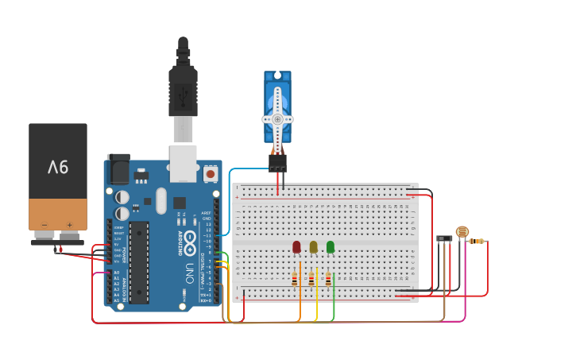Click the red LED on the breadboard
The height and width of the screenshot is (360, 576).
[x=296, y=247]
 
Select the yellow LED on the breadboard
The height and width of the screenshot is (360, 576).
[x=313, y=247]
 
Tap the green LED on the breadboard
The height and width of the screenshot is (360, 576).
[x=331, y=247]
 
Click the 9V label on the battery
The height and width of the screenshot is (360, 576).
[x=58, y=167]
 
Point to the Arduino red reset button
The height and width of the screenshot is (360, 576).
[x=211, y=172]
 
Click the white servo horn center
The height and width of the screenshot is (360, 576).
[x=277, y=119]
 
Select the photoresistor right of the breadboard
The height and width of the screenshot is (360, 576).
[x=462, y=231]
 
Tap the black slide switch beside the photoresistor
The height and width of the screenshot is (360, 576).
[x=444, y=238]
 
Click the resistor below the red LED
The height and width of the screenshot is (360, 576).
[x=294, y=279]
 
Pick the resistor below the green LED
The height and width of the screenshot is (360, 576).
[x=328, y=279]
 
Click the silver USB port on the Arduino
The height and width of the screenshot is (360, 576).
[x=184, y=163]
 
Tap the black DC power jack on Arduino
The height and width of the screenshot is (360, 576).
[x=118, y=168]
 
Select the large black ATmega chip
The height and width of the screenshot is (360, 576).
[x=139, y=262]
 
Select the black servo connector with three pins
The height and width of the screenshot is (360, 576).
[x=277, y=163]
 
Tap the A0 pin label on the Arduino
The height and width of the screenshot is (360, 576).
[x=116, y=273]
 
